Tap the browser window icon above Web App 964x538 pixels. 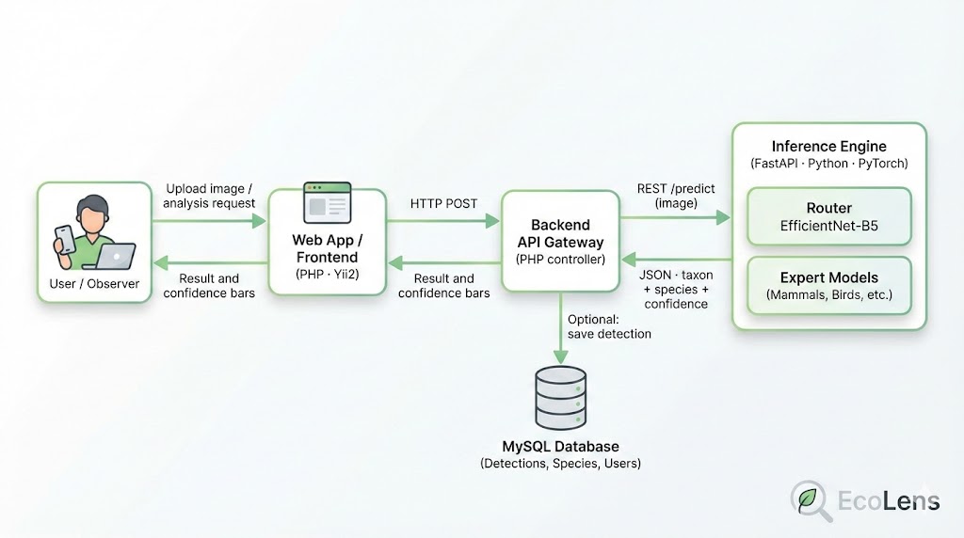[327, 202]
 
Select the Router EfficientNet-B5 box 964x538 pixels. [828, 217]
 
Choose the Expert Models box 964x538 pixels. [828, 287]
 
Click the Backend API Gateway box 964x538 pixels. [560, 241]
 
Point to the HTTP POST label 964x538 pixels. [443, 203]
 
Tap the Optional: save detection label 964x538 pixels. [608, 326]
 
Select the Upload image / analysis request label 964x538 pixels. [209, 196]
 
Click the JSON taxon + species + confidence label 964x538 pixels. [676, 290]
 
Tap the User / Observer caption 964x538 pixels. [94, 283]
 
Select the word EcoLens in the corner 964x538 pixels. [889, 500]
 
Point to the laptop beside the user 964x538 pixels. [118, 255]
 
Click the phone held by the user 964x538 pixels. [63, 239]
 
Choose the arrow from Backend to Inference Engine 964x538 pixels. [675, 217]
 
